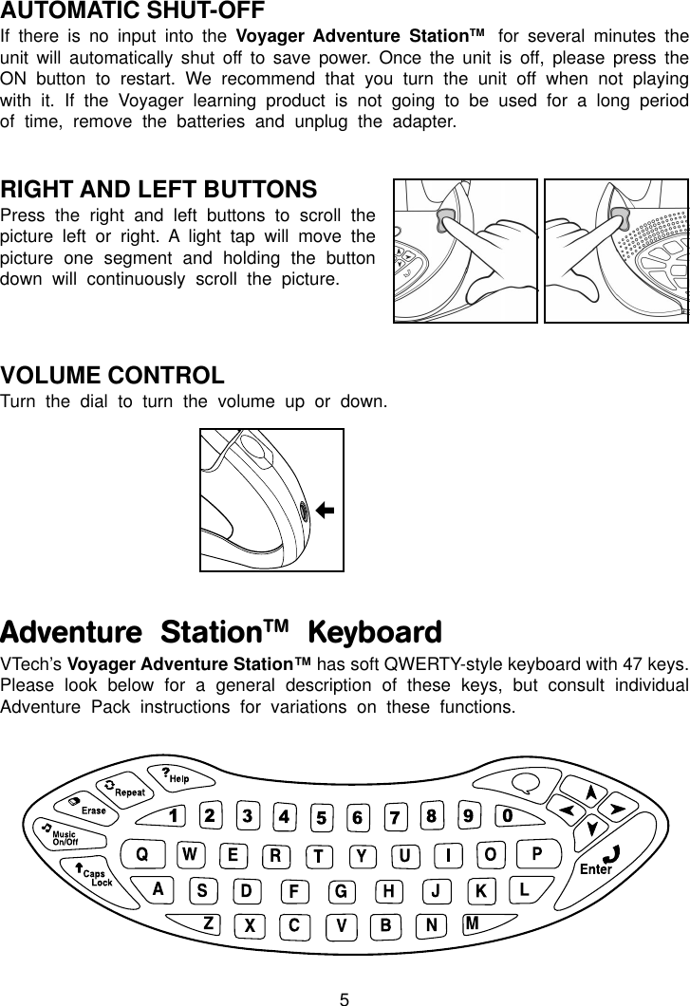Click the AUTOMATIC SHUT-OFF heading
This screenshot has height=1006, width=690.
pyautogui.click(x=133, y=12)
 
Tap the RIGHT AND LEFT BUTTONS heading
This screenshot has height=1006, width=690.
pyautogui.click(x=159, y=189)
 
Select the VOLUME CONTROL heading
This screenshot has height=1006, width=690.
pyautogui.click(x=113, y=376)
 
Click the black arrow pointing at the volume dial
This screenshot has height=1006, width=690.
pyautogui.click(x=324, y=511)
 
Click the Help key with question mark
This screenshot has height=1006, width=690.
pyautogui.click(x=175, y=775)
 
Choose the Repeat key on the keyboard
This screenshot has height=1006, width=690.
pyautogui.click(x=125, y=790)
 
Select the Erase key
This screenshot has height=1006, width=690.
pyautogui.click(x=88, y=809)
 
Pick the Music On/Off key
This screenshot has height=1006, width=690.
pyautogui.click(x=62, y=834)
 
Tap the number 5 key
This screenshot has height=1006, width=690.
pyautogui.click(x=323, y=817)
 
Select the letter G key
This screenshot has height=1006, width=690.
pyautogui.click(x=339, y=892)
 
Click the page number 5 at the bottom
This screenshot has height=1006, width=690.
pyautogui.click(x=345, y=998)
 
